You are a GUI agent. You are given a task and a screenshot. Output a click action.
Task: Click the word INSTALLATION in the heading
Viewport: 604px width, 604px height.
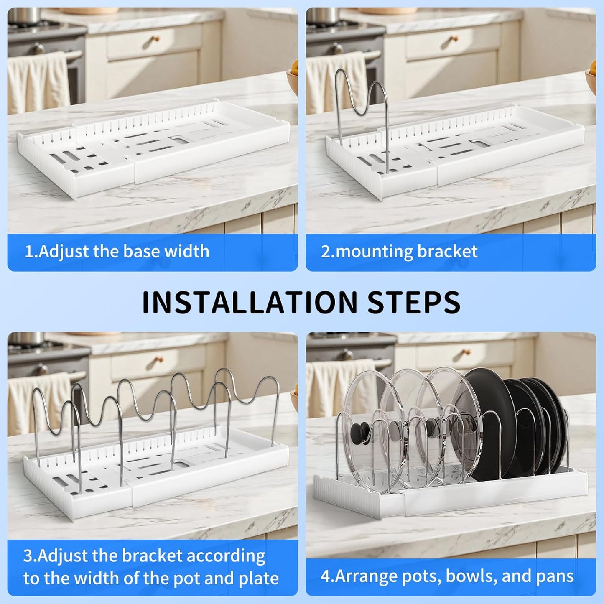coord(250,302)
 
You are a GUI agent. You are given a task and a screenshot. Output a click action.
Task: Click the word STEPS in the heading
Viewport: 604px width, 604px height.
coord(413,302)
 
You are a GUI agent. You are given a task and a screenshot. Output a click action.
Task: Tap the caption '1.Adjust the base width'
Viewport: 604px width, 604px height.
coord(117,252)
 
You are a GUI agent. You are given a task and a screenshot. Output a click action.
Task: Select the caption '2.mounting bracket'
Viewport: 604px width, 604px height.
coord(399,252)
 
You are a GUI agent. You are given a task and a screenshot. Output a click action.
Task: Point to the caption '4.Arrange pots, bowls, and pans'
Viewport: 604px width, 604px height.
coord(447,576)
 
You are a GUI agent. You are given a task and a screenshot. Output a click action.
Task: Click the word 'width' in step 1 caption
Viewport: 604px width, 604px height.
coord(187,252)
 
